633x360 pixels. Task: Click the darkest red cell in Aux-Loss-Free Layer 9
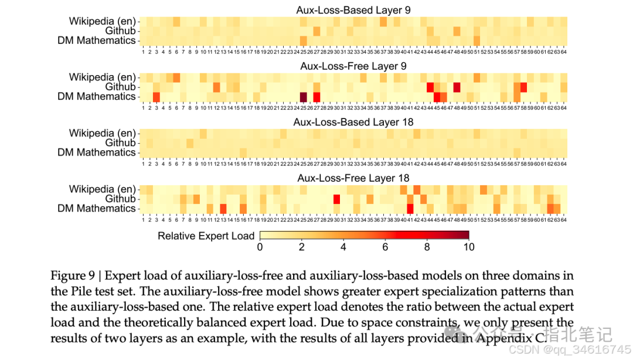[x=304, y=97]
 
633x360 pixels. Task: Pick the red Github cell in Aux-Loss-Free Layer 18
[x=336, y=199]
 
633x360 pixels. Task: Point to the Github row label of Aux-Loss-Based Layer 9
[x=120, y=31]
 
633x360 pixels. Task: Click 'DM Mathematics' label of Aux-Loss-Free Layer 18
[x=97, y=209]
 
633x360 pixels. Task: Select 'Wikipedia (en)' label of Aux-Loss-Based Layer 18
[x=102, y=133]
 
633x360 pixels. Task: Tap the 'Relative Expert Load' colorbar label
[x=206, y=236]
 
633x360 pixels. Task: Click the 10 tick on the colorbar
[x=468, y=247]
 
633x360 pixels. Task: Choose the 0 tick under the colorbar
[x=260, y=247]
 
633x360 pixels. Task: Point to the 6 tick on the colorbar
[x=385, y=247]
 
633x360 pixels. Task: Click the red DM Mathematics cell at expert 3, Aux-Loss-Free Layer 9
[x=156, y=97]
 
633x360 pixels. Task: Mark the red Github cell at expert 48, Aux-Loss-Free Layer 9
[x=457, y=87]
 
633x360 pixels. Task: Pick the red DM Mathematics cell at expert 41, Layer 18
[x=410, y=209]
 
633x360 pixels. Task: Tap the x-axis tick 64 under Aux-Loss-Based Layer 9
[x=563, y=52]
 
